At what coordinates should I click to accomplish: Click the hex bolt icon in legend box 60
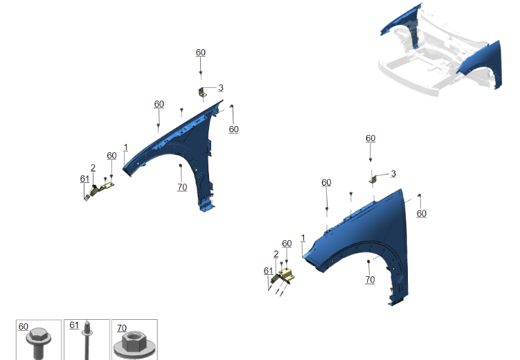(x=39, y=343)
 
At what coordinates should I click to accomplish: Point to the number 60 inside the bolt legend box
(x=24, y=327)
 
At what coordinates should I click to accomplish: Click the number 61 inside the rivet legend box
(x=74, y=325)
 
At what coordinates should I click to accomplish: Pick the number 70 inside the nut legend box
(x=122, y=328)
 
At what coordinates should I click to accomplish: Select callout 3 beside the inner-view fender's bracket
(x=221, y=88)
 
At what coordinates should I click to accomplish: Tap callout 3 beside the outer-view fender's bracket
(x=393, y=174)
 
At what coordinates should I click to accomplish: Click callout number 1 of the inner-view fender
(x=126, y=147)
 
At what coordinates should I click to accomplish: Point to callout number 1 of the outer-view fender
(x=303, y=238)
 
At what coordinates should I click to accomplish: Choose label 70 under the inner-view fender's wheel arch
(x=182, y=188)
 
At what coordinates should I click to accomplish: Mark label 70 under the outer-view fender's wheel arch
(x=370, y=280)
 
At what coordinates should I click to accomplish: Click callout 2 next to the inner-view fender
(x=93, y=168)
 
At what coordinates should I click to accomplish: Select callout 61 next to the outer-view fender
(x=268, y=271)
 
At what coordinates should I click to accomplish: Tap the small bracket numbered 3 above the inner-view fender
(x=202, y=93)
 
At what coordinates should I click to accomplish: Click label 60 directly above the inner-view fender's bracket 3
(x=201, y=53)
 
